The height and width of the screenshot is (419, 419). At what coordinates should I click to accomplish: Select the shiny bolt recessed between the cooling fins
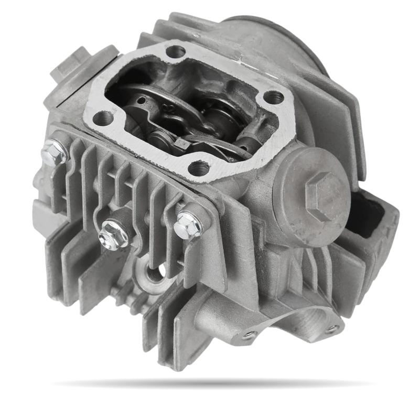point(113,234)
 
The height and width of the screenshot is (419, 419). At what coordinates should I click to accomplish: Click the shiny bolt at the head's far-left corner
point(53,153)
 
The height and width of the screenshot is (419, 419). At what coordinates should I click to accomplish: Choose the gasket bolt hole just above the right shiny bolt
point(199,168)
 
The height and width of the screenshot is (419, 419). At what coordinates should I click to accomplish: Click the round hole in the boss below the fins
point(154,273)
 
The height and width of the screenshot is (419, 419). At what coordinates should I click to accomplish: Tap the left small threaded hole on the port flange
point(250,334)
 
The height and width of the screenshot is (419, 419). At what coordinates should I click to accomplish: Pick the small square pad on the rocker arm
point(183,143)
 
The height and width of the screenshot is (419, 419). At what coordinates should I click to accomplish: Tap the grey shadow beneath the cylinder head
point(210,384)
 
